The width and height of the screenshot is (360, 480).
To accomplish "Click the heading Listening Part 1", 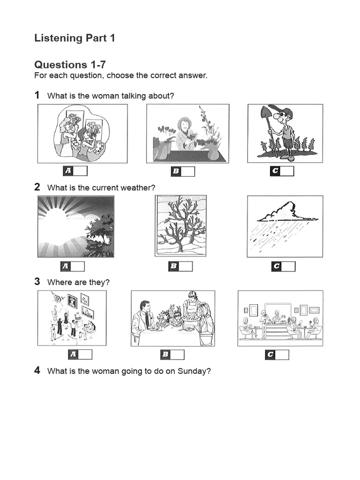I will click(x=75, y=38).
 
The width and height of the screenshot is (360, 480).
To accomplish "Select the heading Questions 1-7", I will click(x=67, y=65).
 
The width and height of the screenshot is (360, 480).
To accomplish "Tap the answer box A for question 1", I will click(x=80, y=171).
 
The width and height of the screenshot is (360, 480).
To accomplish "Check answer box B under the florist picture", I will click(x=187, y=172).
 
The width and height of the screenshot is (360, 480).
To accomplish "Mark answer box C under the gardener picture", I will click(x=287, y=171).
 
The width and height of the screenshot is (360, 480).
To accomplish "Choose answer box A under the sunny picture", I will click(x=77, y=267).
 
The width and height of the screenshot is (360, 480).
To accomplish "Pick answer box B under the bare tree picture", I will click(x=186, y=267).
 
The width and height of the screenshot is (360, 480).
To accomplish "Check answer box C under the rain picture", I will click(x=288, y=267).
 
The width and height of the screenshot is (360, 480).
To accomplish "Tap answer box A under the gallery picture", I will click(x=85, y=355).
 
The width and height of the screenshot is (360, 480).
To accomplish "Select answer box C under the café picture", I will click(x=282, y=355).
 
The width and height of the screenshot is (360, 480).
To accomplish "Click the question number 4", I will click(x=37, y=371).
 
